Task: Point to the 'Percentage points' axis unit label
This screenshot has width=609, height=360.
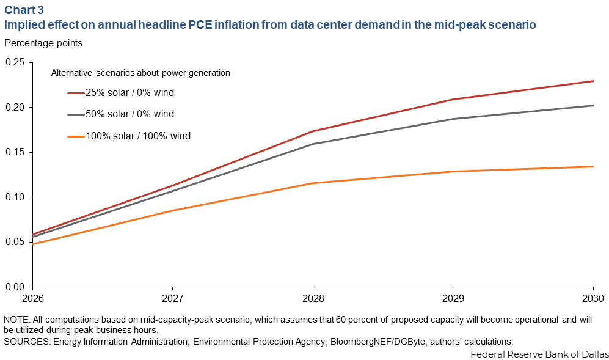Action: point(43,43)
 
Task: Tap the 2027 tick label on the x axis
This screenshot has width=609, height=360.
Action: point(173,299)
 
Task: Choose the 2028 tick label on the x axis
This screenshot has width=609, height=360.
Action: point(313,299)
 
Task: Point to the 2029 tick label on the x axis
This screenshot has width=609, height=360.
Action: point(453,299)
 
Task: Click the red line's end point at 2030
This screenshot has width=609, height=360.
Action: point(593,81)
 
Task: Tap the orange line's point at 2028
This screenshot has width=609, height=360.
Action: point(313,183)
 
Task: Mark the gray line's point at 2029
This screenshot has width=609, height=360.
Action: point(453,119)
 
